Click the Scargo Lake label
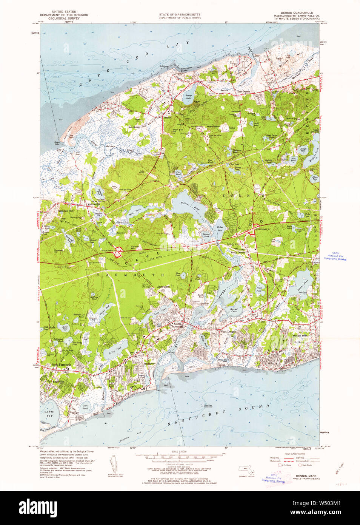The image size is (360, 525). tap(189, 96)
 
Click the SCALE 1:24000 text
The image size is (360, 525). tap(180, 452)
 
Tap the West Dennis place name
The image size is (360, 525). tap(228, 332)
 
